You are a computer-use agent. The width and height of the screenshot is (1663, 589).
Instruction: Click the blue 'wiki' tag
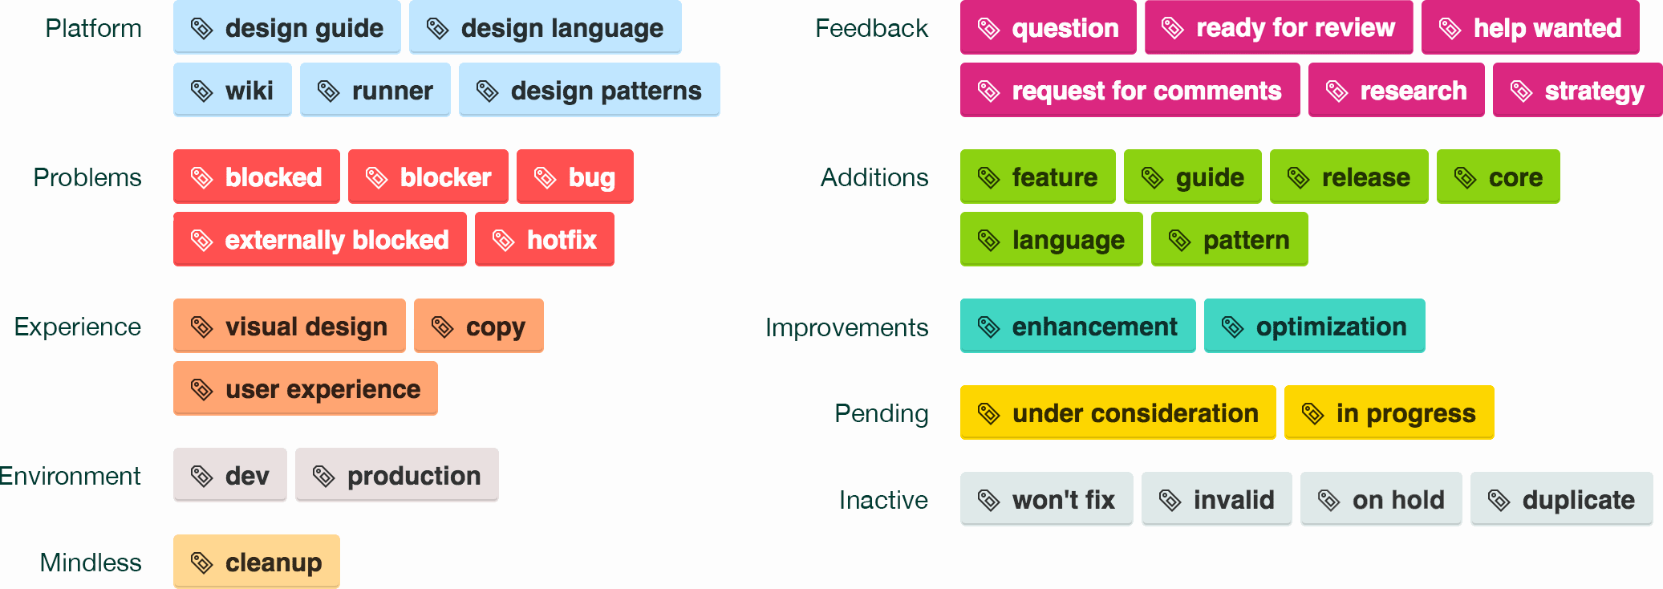click(233, 90)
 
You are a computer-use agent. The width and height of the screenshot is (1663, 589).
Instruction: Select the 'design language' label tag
click(546, 28)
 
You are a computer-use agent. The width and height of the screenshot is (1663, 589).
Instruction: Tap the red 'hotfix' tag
click(545, 239)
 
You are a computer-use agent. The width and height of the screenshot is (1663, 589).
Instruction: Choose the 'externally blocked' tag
click(320, 239)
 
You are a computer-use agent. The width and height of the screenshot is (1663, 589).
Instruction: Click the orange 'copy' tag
click(479, 326)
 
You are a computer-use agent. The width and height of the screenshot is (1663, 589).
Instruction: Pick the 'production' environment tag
click(397, 475)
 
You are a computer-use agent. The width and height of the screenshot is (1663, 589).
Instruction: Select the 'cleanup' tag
click(257, 562)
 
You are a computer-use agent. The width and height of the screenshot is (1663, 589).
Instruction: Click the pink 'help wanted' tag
click(1531, 28)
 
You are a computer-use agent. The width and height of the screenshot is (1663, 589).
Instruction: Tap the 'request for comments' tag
click(1130, 91)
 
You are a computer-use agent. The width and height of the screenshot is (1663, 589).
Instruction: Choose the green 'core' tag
click(1499, 177)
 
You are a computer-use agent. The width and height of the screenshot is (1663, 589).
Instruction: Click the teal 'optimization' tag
click(1315, 326)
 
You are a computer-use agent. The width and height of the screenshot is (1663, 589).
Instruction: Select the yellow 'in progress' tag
click(1389, 412)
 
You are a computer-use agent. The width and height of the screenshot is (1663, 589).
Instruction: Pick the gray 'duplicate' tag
click(1562, 499)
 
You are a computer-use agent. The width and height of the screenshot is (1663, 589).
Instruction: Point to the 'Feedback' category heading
click(871, 28)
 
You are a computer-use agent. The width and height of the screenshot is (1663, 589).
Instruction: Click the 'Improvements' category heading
click(846, 327)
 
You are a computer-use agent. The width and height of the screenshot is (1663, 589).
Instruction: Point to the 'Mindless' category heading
click(91, 562)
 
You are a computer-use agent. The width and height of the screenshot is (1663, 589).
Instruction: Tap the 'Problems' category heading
click(87, 177)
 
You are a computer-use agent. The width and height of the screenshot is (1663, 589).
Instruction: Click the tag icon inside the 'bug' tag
click(546, 177)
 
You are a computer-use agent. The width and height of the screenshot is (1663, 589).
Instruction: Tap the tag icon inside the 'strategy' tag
click(1521, 91)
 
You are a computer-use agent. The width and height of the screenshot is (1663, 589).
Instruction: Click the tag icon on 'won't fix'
click(988, 500)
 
